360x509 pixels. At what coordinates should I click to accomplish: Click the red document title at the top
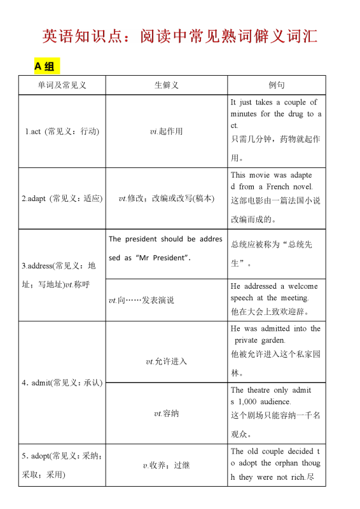coord(180,36)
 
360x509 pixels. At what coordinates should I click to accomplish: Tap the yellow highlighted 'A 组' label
coord(45,66)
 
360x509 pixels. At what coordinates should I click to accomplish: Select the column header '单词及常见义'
coord(62,85)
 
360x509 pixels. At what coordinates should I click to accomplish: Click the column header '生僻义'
coord(166,85)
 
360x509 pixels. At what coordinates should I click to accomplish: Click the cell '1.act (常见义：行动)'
coord(62,132)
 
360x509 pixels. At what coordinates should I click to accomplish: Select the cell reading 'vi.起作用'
coord(166,132)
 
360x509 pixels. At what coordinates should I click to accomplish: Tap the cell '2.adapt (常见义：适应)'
coord(62,199)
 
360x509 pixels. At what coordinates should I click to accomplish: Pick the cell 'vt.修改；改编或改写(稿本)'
coord(166,199)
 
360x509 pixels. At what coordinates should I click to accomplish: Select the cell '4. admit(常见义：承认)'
coord(62,383)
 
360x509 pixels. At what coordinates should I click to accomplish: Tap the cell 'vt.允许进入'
coord(166,361)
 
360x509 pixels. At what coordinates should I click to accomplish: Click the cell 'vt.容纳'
coord(166,414)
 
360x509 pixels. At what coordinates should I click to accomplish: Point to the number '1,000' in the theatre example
coord(248,401)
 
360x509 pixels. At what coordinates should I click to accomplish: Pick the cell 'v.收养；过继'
coord(166,466)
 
